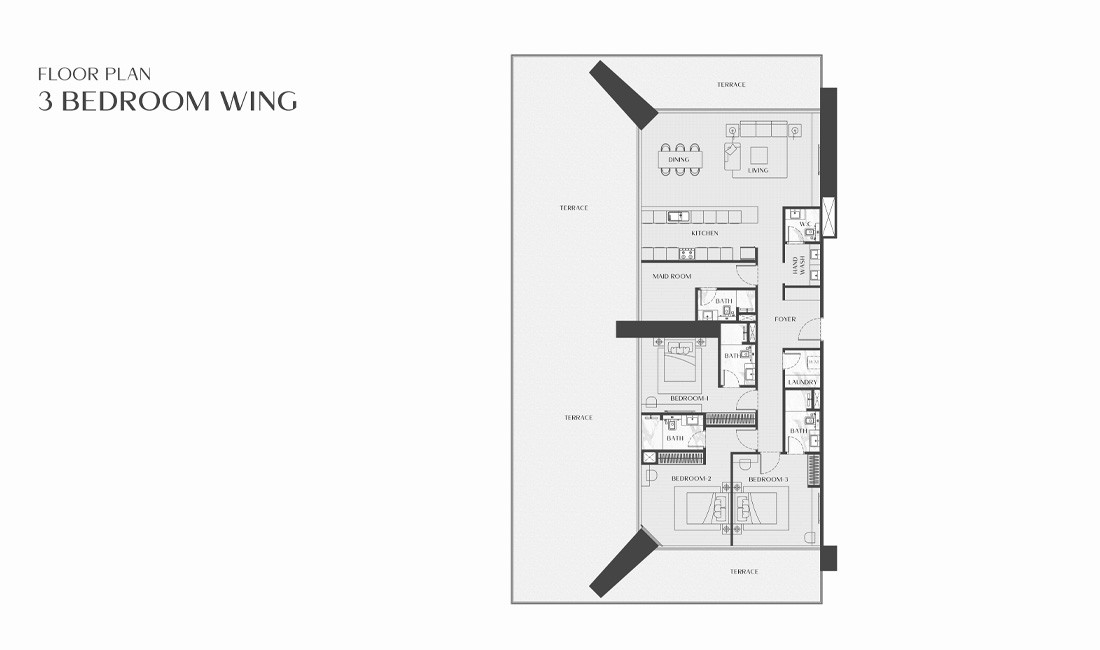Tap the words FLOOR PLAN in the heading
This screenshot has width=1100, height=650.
coord(94,74)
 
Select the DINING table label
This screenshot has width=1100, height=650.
coord(679,160)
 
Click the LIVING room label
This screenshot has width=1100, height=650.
coord(758,171)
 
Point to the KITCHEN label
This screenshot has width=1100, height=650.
coord(704,234)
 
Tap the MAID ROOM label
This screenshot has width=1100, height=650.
coord(672,277)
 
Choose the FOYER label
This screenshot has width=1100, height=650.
coord(785,320)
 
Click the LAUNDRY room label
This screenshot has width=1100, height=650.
coord(803,382)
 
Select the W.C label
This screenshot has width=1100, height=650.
coord(803,224)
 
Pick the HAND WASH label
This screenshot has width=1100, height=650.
coord(798,265)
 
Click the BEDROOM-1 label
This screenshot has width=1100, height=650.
coord(689,399)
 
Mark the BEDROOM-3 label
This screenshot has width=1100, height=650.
coord(768,480)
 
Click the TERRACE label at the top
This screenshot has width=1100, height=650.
coord(730,85)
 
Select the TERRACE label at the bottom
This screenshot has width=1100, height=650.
coord(743,572)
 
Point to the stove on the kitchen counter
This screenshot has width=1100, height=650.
coord(686,253)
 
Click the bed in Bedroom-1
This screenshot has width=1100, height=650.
coord(683,366)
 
